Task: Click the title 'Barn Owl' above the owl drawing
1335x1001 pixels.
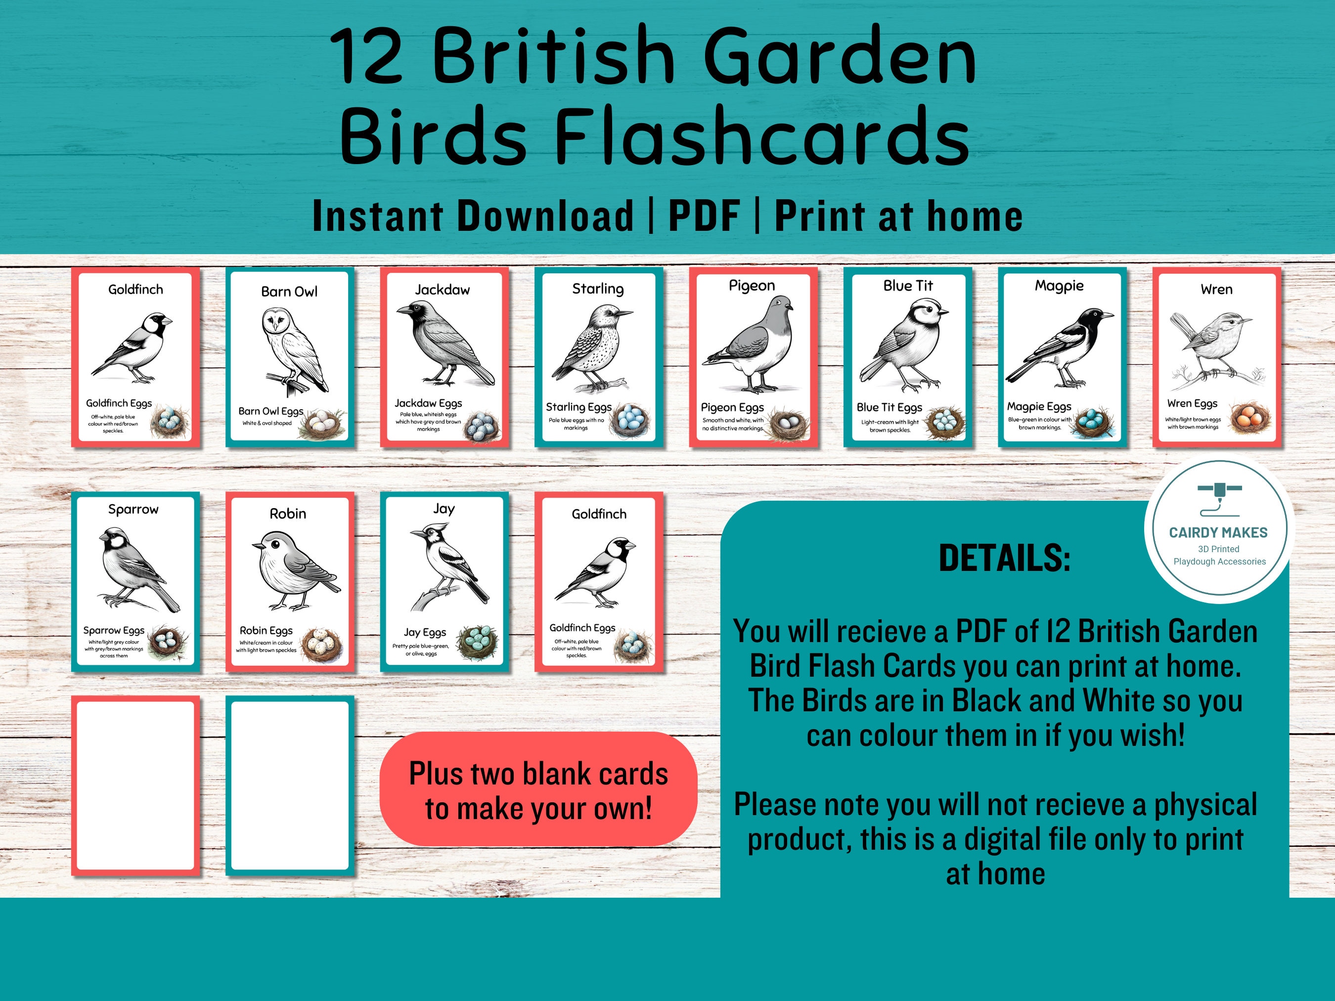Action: [289, 292]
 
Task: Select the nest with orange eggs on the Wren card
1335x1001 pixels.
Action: [1249, 418]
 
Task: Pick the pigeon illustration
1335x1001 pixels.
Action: [755, 344]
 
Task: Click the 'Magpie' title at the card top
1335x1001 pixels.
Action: [1059, 285]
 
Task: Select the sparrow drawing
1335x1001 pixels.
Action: [136, 567]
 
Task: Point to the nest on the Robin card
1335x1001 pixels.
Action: [321, 645]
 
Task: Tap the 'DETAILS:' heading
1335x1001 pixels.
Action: [1004, 558]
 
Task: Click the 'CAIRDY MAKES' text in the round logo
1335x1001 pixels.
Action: [1218, 533]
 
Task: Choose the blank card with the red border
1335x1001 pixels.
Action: [136, 785]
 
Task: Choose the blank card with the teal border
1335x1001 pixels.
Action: [290, 785]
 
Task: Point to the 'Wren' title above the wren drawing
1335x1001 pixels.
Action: [1216, 290]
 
